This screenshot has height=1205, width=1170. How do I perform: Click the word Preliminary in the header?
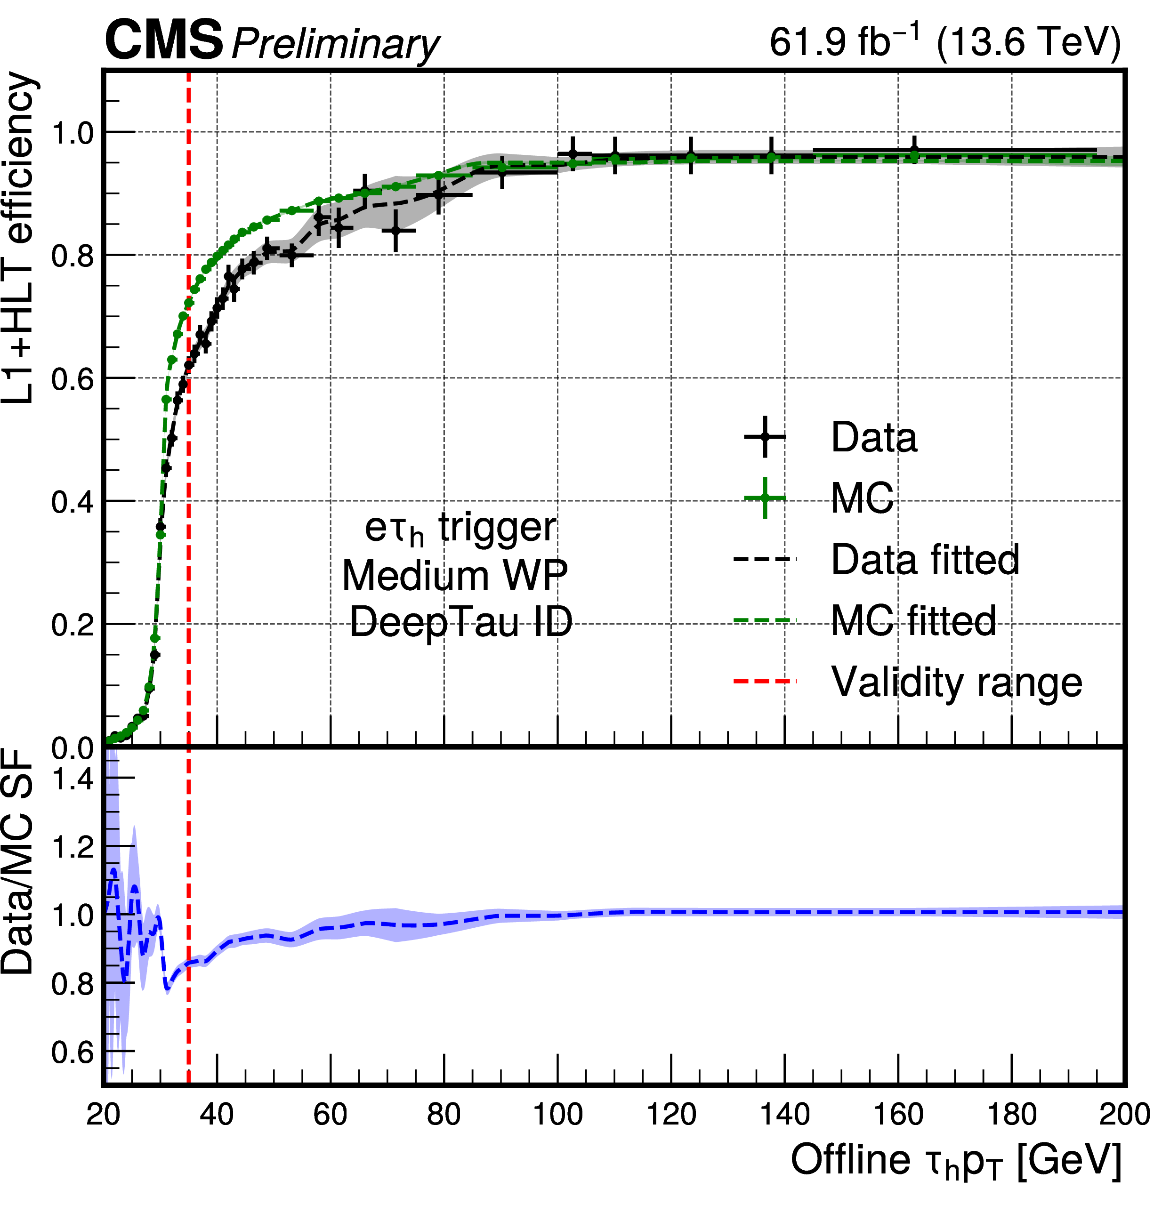[x=335, y=44]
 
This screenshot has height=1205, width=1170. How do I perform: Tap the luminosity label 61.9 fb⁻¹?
[x=846, y=42]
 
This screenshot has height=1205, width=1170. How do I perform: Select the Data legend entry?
[x=873, y=437]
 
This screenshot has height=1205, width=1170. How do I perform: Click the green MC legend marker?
[x=765, y=498]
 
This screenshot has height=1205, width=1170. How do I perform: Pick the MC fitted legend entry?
[x=913, y=620]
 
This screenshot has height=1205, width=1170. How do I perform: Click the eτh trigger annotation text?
[x=460, y=528]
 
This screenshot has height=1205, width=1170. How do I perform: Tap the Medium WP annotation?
[x=454, y=576]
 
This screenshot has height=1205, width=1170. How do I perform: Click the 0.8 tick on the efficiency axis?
[x=72, y=256]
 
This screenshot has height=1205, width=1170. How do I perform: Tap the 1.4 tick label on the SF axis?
[x=72, y=779]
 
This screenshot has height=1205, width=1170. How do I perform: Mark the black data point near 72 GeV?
[x=396, y=231]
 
